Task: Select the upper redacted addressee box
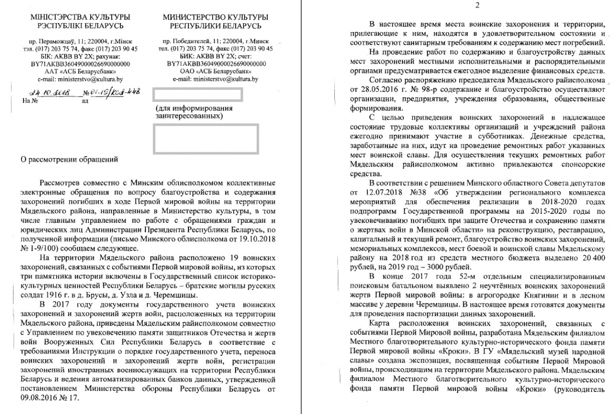tap(196, 95)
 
